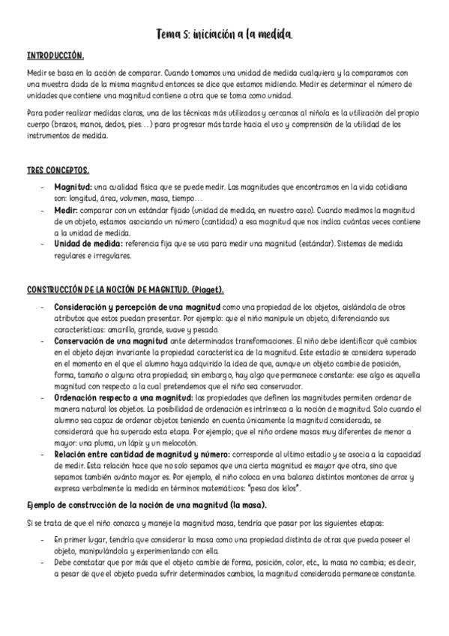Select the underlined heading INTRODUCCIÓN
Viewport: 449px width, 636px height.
click(55, 56)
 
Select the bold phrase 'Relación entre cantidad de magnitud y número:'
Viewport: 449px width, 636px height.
click(134, 454)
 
